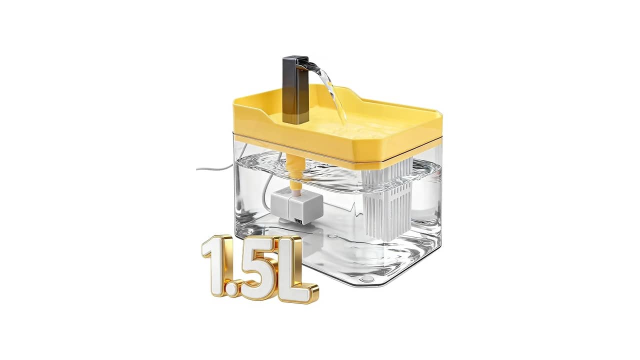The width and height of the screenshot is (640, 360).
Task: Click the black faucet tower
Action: point(295,90)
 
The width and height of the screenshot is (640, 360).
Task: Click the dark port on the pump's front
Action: point(299,221)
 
